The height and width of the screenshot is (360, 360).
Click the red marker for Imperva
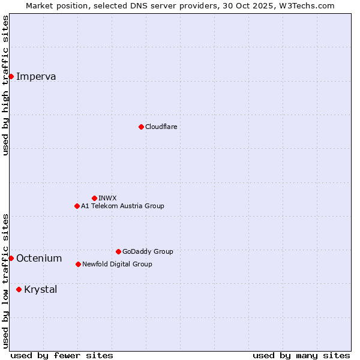pos(11,76)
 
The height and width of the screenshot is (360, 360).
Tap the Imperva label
pos(36,76)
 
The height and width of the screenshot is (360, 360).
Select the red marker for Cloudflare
pos(141,127)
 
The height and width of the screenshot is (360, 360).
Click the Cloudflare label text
pos(161,127)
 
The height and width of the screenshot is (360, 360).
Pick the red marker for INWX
pos(94,198)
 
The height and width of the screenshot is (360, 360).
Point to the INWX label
pos(107,198)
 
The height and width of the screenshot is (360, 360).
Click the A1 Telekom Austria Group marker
pos(77,206)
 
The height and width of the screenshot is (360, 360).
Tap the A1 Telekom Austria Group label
pos(122,206)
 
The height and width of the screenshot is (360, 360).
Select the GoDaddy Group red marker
pos(118,251)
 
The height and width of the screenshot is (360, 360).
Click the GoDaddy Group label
pos(148,251)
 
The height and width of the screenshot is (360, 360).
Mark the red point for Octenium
pos(11,258)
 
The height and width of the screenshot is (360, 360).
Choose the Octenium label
pos(39,258)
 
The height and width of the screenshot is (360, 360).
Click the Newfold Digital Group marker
pos(78,264)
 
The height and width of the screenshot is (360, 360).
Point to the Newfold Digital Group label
pos(117,264)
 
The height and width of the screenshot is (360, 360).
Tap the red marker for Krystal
pos(19,289)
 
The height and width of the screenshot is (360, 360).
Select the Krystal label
pos(41,289)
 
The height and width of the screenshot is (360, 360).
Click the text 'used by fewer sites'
pos(62,355)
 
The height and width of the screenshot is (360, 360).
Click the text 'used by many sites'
pos(301,355)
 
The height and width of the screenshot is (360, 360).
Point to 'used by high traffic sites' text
pos(5,85)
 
